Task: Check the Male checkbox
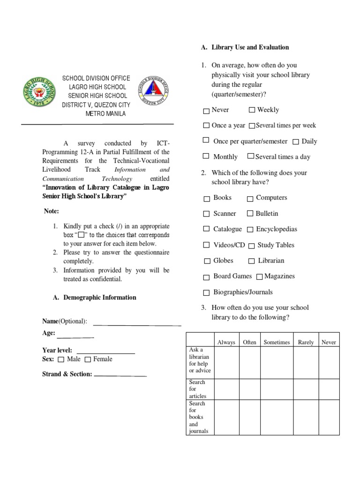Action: tap(61, 360)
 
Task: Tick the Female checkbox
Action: tap(88, 360)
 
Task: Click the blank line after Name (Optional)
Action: tap(137, 324)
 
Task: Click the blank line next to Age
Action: tap(75, 337)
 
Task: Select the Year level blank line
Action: tap(105, 352)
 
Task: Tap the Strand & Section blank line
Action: tap(120, 375)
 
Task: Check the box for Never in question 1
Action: tap(206, 111)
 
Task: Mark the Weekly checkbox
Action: tap(252, 110)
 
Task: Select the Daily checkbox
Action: tap(296, 142)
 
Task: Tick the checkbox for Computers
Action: tap(250, 199)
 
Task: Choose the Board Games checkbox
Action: tap(206, 277)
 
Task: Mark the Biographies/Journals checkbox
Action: tap(206, 293)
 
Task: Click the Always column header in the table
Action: tap(226, 342)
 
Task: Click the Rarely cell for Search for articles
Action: tap(306, 389)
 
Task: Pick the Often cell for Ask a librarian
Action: tap(249, 362)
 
